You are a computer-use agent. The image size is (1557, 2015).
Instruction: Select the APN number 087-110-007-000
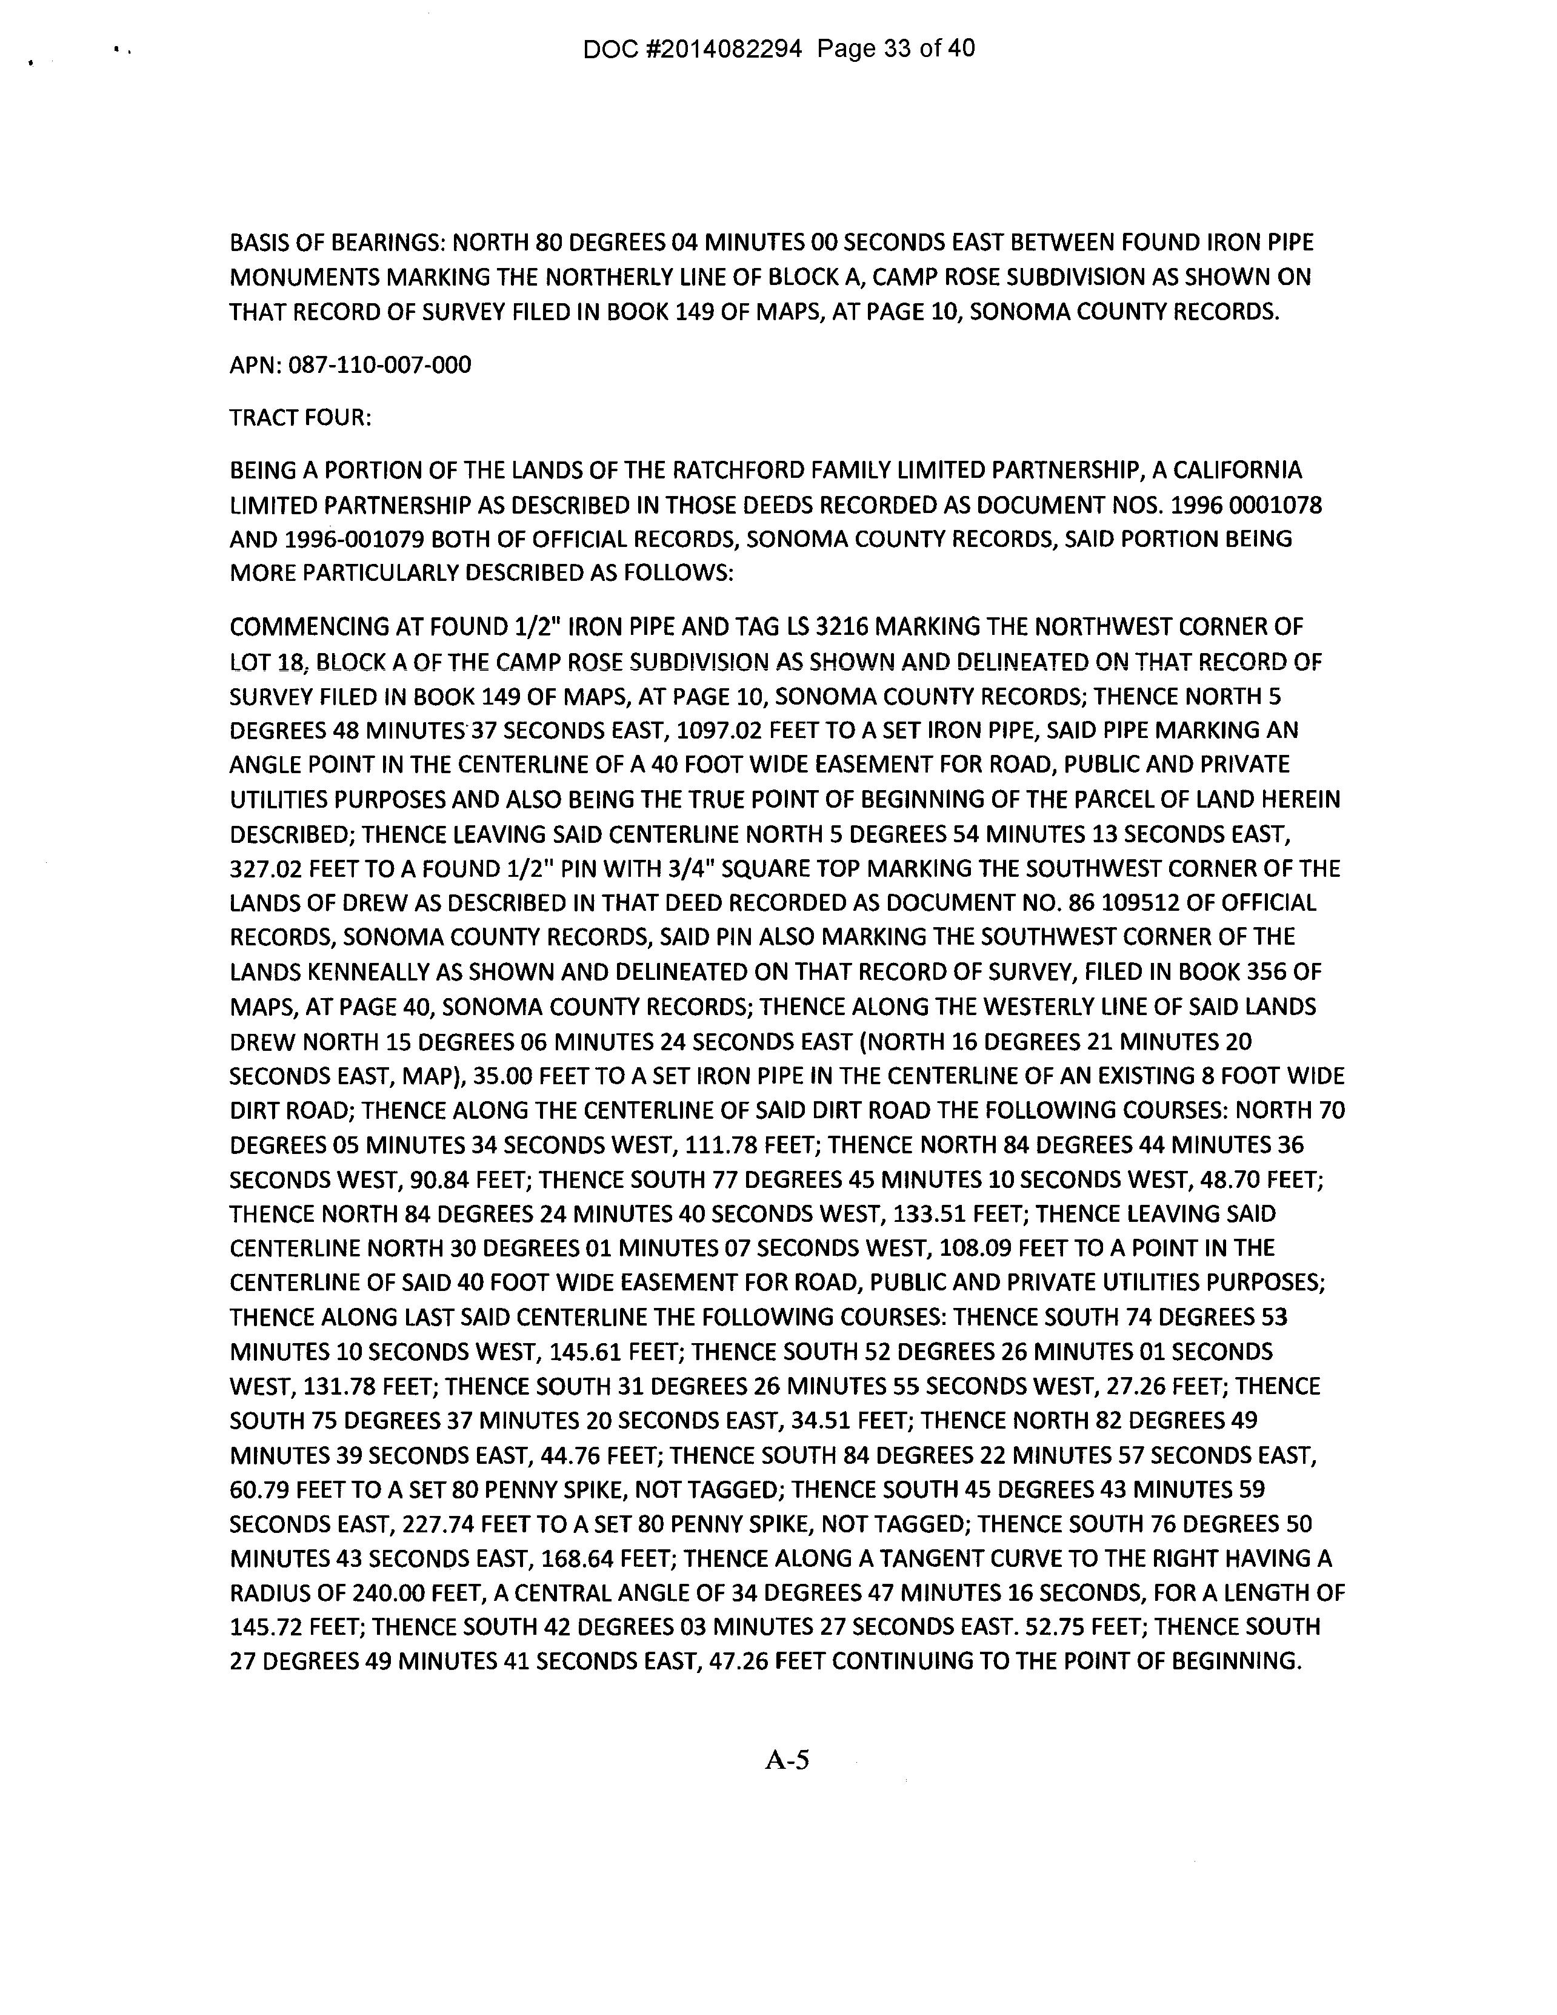click(x=379, y=366)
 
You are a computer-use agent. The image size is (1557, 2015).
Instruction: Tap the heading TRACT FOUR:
click(x=301, y=418)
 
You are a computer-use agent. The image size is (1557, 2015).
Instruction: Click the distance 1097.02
click(x=719, y=731)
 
